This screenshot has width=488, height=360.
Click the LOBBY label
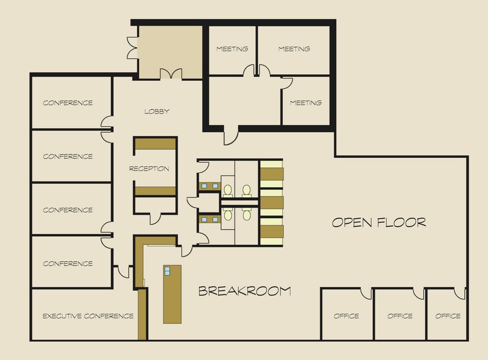tap(157, 111)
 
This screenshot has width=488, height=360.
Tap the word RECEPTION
tap(149, 168)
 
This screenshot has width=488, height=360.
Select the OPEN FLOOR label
tap(379, 222)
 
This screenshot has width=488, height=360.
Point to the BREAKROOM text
tap(245, 291)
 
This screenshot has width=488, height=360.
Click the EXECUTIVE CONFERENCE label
tap(88, 316)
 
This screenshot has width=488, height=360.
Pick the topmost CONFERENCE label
tap(68, 103)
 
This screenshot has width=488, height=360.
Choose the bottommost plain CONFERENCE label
tap(68, 263)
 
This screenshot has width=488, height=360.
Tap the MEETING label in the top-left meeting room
tap(232, 49)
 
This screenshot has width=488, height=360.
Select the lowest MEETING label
tap(306, 103)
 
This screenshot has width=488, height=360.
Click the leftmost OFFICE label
tap(347, 316)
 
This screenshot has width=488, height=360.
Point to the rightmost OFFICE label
tap(448, 316)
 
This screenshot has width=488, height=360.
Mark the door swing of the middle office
tap(419, 294)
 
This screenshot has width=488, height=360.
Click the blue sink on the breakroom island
tap(167, 271)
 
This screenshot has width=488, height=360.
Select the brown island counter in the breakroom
tap(173, 294)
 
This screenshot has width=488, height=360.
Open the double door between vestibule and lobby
tap(171, 74)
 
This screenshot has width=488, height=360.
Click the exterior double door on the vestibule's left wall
tap(132, 48)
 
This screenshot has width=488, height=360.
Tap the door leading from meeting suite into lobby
tap(231, 136)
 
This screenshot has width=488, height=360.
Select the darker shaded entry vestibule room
tap(170, 52)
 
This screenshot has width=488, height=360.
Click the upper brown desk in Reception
tap(156, 144)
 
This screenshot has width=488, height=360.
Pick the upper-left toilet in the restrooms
tap(228, 190)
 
